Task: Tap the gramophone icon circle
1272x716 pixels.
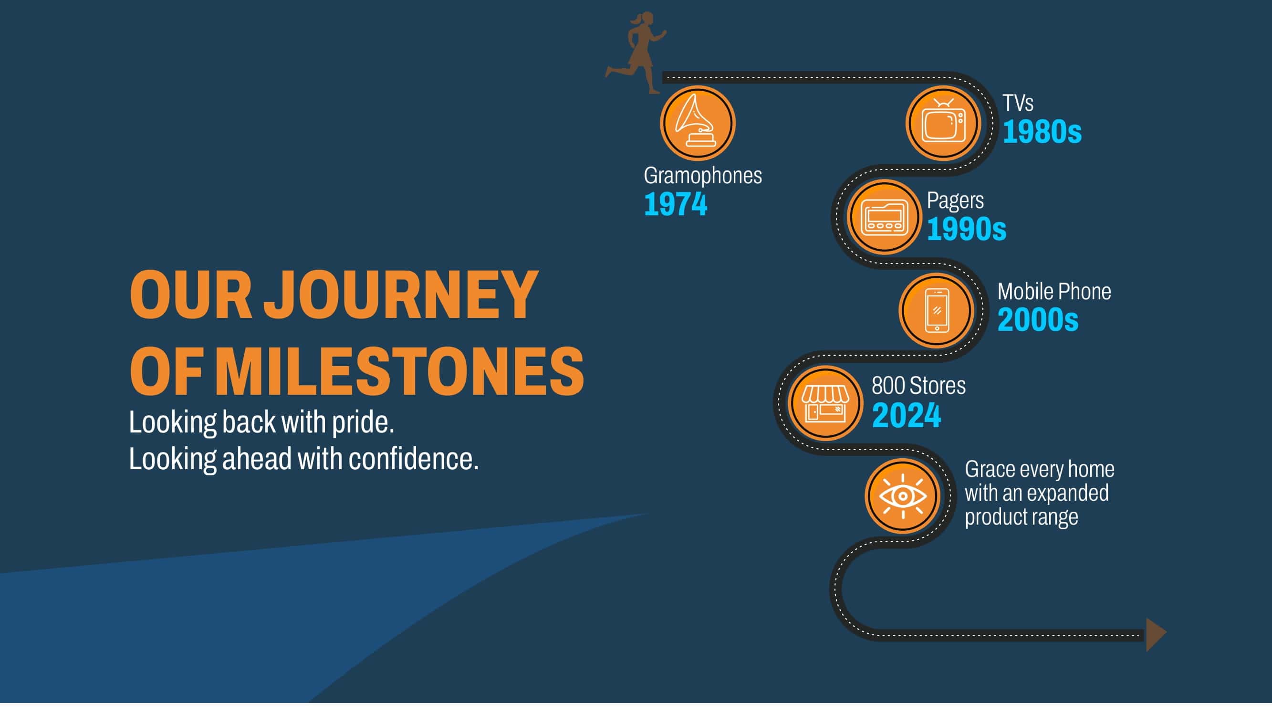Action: pos(697,123)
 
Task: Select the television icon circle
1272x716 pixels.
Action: pos(943,123)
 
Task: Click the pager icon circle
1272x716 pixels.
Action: pos(885,216)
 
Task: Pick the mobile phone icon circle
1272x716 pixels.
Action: pos(937,310)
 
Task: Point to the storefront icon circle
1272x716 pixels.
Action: pos(825,403)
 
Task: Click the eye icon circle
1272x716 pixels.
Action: pos(903,496)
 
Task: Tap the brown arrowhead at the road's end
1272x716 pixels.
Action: pos(1156,634)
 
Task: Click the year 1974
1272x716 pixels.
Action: pos(676,204)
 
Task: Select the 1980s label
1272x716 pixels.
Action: pos(1042,132)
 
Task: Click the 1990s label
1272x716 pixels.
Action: pos(966,229)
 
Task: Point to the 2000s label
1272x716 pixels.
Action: pos(1038,320)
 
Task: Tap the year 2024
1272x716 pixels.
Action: pos(907,415)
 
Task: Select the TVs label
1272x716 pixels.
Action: pos(1018,103)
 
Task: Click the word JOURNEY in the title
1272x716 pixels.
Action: pos(400,295)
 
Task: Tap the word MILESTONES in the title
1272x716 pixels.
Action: pos(399,371)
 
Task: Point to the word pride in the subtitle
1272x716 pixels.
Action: pos(363,423)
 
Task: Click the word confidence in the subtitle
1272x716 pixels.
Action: pos(414,459)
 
